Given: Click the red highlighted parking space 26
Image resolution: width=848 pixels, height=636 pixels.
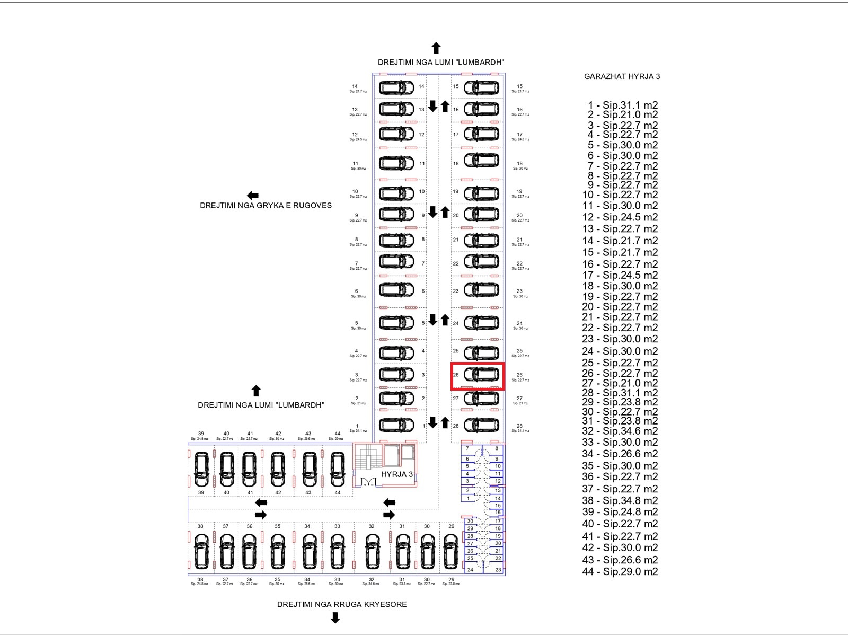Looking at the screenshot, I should (478, 376).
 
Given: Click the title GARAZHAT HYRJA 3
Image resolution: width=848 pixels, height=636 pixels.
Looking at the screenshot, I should (622, 76).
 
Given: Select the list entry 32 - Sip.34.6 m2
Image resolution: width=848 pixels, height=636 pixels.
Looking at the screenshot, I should (620, 431).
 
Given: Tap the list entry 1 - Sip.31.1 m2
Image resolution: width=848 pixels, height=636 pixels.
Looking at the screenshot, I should (622, 105).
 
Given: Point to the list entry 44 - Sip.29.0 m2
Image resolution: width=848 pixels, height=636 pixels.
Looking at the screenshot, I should (620, 571).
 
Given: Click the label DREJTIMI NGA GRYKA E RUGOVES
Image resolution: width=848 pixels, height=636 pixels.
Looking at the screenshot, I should (266, 206).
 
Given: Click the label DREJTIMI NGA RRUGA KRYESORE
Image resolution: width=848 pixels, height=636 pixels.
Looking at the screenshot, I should (342, 604).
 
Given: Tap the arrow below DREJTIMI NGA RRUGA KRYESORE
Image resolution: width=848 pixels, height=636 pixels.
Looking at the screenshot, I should (335, 617).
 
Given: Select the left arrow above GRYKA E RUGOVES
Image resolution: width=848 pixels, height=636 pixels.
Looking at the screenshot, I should (253, 196).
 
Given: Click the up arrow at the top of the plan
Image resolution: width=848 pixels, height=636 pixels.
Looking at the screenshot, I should (436, 48).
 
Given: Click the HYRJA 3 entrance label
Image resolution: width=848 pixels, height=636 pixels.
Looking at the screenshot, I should (396, 474).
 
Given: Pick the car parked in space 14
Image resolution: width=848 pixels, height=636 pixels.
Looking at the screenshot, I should (396, 87).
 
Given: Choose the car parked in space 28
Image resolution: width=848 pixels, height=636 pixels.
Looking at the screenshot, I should (481, 425).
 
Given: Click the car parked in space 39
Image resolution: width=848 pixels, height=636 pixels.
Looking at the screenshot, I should (201, 469).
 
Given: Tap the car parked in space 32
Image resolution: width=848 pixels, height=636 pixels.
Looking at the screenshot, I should (372, 551).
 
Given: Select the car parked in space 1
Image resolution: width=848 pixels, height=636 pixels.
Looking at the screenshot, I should (396, 425).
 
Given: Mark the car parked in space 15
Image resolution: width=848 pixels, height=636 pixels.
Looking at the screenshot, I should (481, 87).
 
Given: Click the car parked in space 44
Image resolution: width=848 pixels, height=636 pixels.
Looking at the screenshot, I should (338, 469).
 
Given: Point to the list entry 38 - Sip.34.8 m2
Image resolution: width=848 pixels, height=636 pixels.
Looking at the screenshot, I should (620, 500).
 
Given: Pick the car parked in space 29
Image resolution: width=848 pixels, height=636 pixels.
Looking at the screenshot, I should (451, 551).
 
